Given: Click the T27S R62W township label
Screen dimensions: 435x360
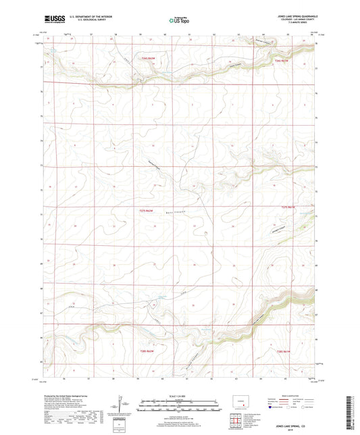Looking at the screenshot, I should click(147, 211).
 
